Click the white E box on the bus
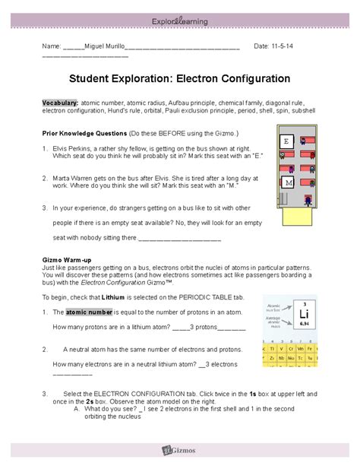point(286,141)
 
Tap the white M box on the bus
point(287,183)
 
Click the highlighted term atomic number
point(89,312)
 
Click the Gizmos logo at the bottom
point(179,452)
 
